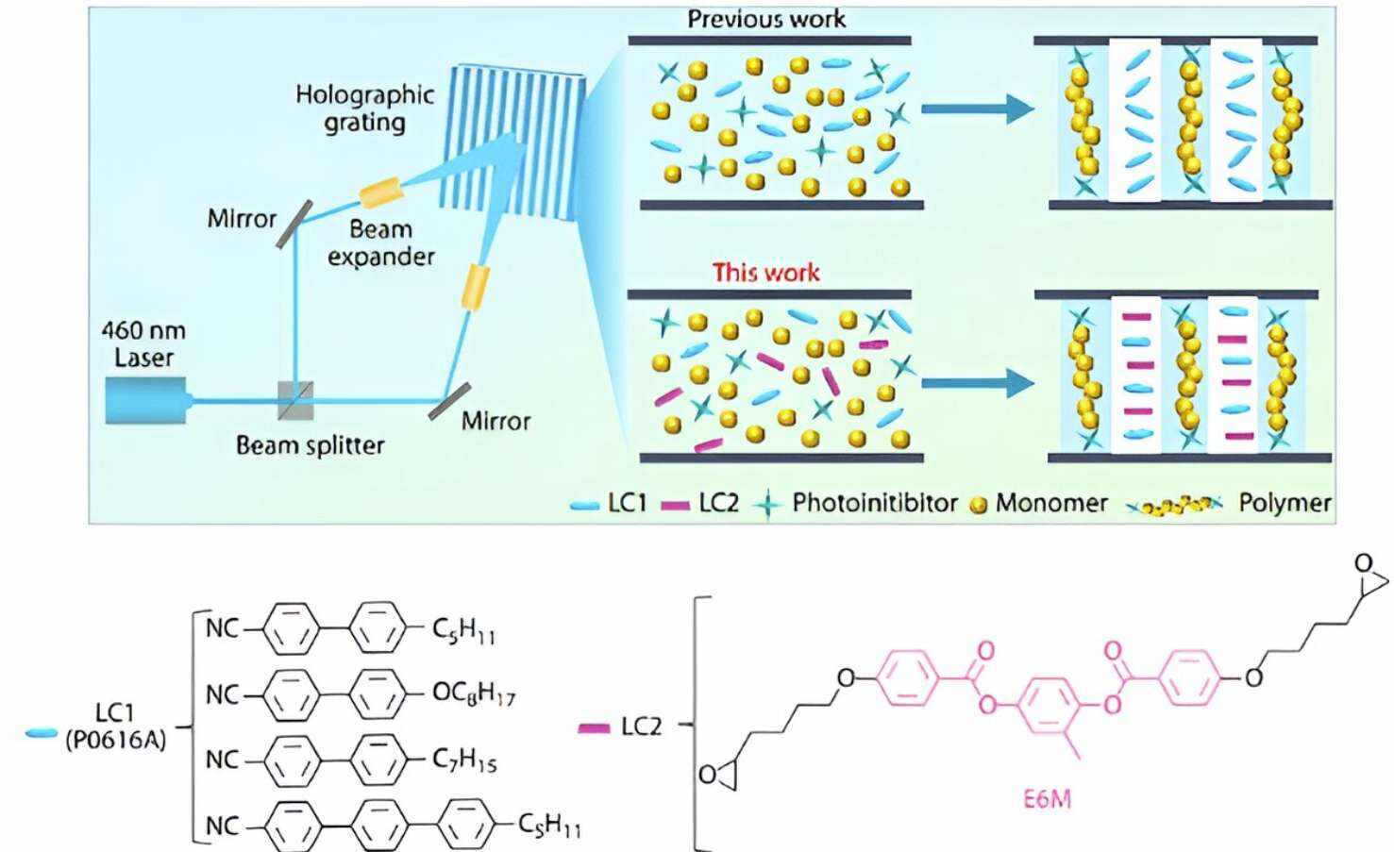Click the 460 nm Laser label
click(x=143, y=343)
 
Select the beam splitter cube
click(x=296, y=399)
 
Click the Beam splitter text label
click(x=311, y=445)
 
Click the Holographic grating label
click(x=364, y=109)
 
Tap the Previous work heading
click(x=766, y=19)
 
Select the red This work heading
click(x=766, y=273)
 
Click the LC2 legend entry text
click(x=718, y=503)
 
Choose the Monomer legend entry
click(x=1050, y=503)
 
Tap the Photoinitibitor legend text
click(x=874, y=503)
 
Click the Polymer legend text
click(x=1285, y=503)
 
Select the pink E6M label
click(x=1048, y=800)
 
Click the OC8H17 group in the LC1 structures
click(x=474, y=694)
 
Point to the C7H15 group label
click(x=464, y=760)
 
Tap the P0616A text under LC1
click(x=115, y=740)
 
